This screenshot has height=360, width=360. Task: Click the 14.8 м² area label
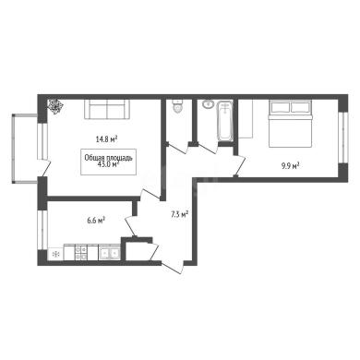click(x=107, y=139)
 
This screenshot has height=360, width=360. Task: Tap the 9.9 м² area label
click(x=290, y=166)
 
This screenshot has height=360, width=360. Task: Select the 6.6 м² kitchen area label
click(x=96, y=220)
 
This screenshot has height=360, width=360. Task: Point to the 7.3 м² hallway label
click(x=179, y=214)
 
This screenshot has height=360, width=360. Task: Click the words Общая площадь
click(x=108, y=158)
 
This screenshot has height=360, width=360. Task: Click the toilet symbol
click(x=178, y=106)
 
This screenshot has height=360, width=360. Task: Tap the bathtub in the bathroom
click(x=225, y=122)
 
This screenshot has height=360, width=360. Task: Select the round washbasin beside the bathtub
click(x=209, y=104)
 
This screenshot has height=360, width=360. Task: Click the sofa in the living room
click(x=107, y=109)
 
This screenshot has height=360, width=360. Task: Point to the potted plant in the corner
click(x=55, y=106)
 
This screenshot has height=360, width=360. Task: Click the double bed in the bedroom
click(x=291, y=123)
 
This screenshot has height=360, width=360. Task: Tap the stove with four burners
click(x=80, y=253)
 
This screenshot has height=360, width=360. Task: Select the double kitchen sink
click(x=109, y=253)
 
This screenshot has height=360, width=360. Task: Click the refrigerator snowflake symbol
click(x=55, y=254)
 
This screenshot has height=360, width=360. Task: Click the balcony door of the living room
click(x=45, y=168)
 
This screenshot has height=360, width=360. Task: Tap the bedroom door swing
click(x=240, y=166)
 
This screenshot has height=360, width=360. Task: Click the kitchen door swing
click(x=132, y=226)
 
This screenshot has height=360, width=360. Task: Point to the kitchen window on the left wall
click(x=42, y=230)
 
